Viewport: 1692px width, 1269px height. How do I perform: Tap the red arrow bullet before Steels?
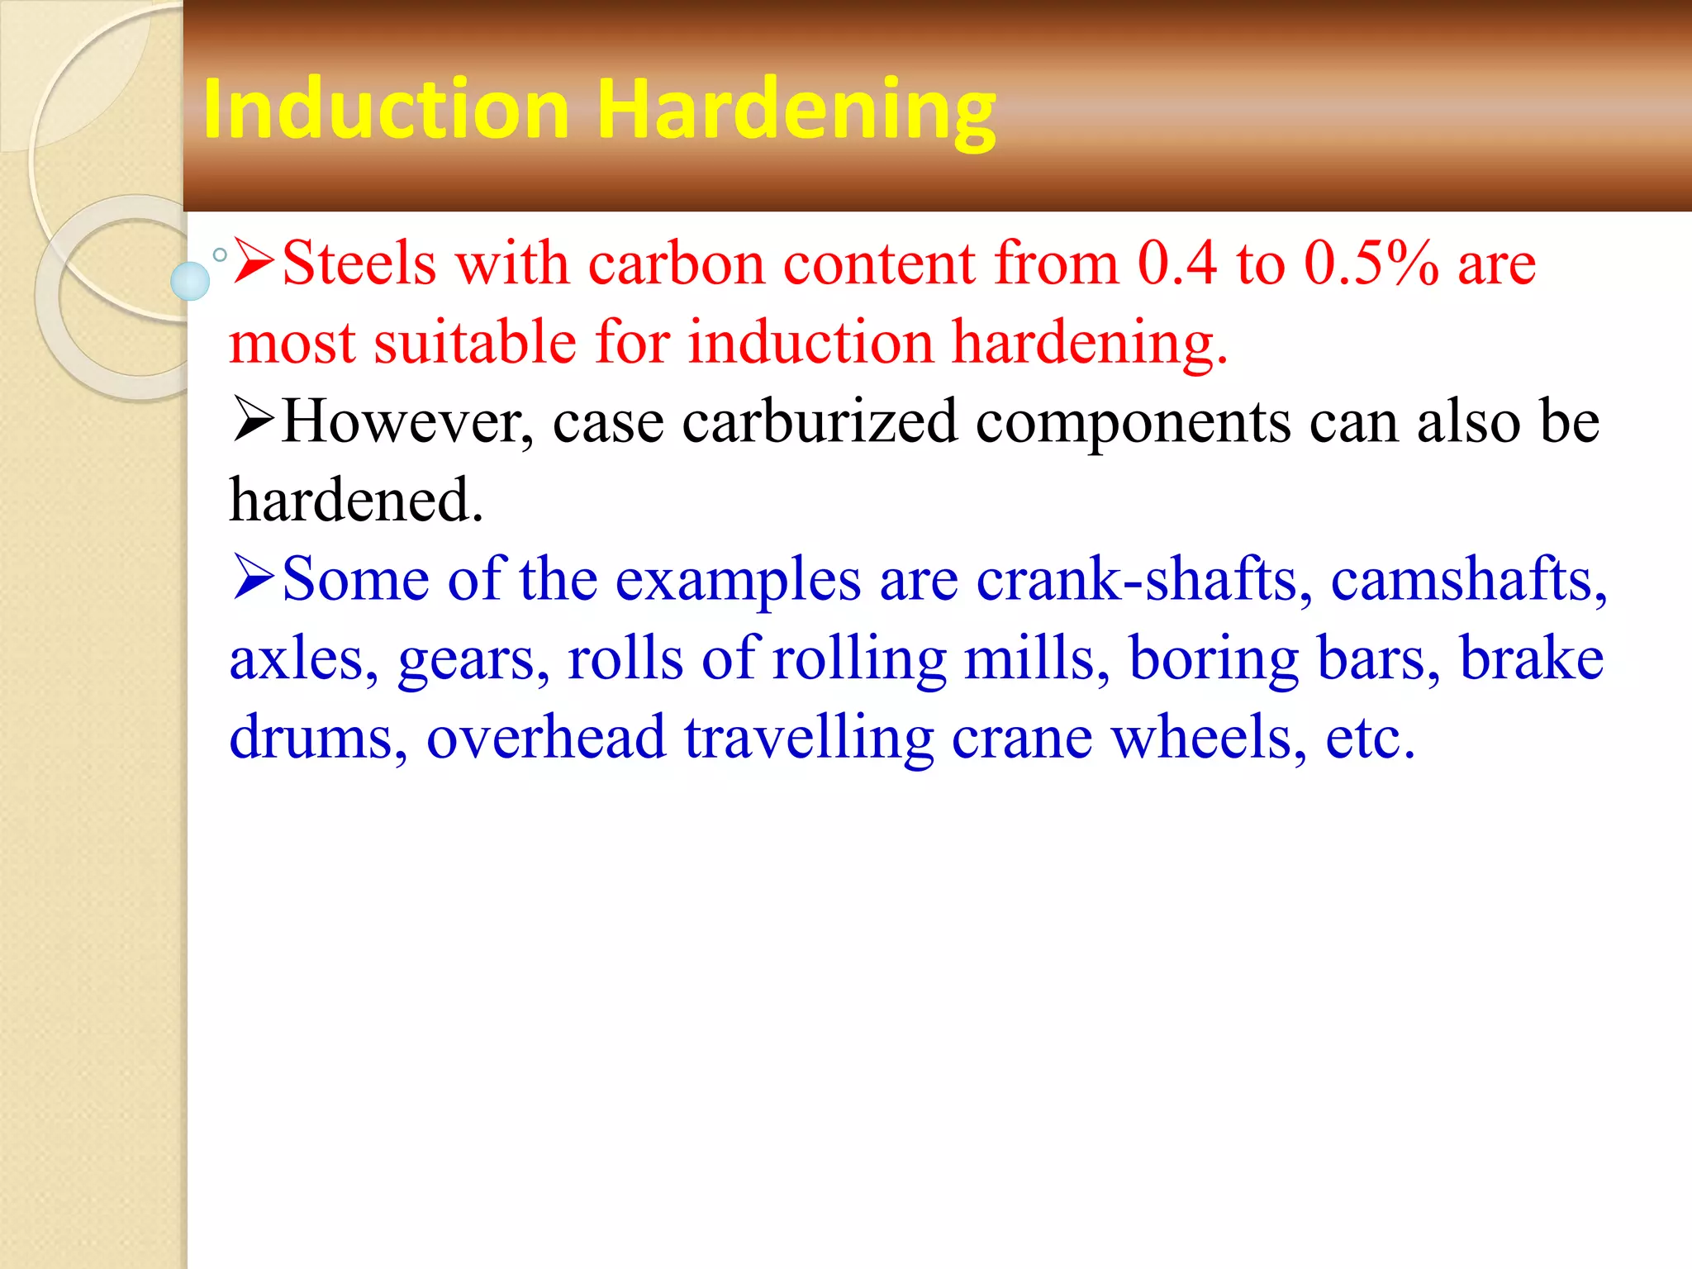tap(253, 261)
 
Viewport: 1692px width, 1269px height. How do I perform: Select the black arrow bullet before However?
tap(253, 420)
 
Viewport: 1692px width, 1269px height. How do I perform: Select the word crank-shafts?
tap(1143, 580)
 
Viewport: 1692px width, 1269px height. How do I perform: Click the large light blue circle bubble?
tap(190, 281)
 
